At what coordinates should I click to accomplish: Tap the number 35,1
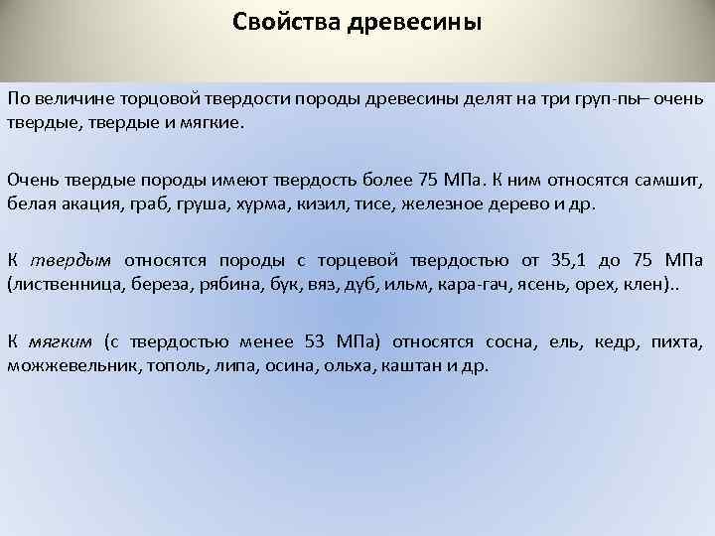pos(561,260)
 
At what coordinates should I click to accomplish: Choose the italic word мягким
pos(73,341)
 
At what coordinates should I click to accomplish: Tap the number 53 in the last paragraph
pos(314,341)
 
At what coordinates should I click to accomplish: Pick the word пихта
pos(677,341)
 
